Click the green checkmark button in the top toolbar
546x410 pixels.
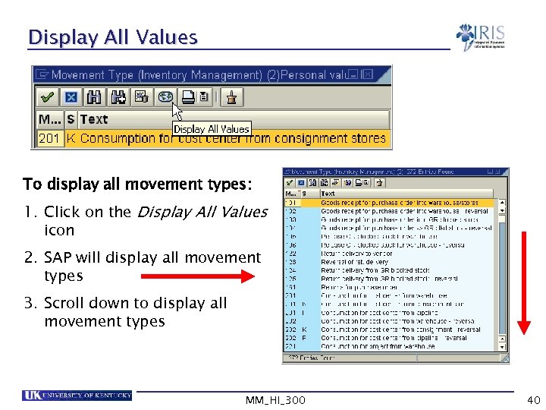tap(47, 96)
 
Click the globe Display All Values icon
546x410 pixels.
tap(165, 96)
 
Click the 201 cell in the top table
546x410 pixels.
tap(49, 138)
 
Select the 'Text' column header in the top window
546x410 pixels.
tap(94, 119)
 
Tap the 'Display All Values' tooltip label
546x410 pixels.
tap(211, 129)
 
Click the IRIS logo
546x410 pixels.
tap(481, 36)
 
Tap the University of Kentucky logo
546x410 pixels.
tap(77, 395)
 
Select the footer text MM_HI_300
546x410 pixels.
tap(276, 399)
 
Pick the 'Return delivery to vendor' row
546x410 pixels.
tap(356, 253)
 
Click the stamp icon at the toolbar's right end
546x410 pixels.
tap(232, 96)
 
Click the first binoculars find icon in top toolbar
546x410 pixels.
tap(94, 96)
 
